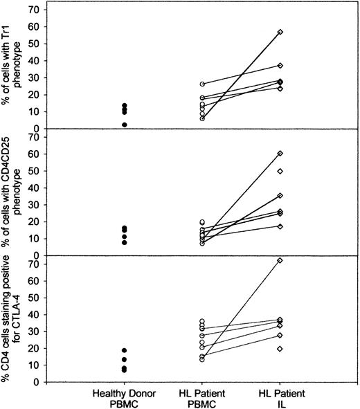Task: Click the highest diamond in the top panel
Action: click(280, 33)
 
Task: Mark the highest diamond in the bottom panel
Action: click(280, 260)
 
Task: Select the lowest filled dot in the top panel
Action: click(125, 125)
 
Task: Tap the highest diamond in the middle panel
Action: click(280, 153)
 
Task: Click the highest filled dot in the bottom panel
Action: click(125, 350)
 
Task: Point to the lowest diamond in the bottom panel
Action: click(280, 349)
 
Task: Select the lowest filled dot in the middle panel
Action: click(125, 242)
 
